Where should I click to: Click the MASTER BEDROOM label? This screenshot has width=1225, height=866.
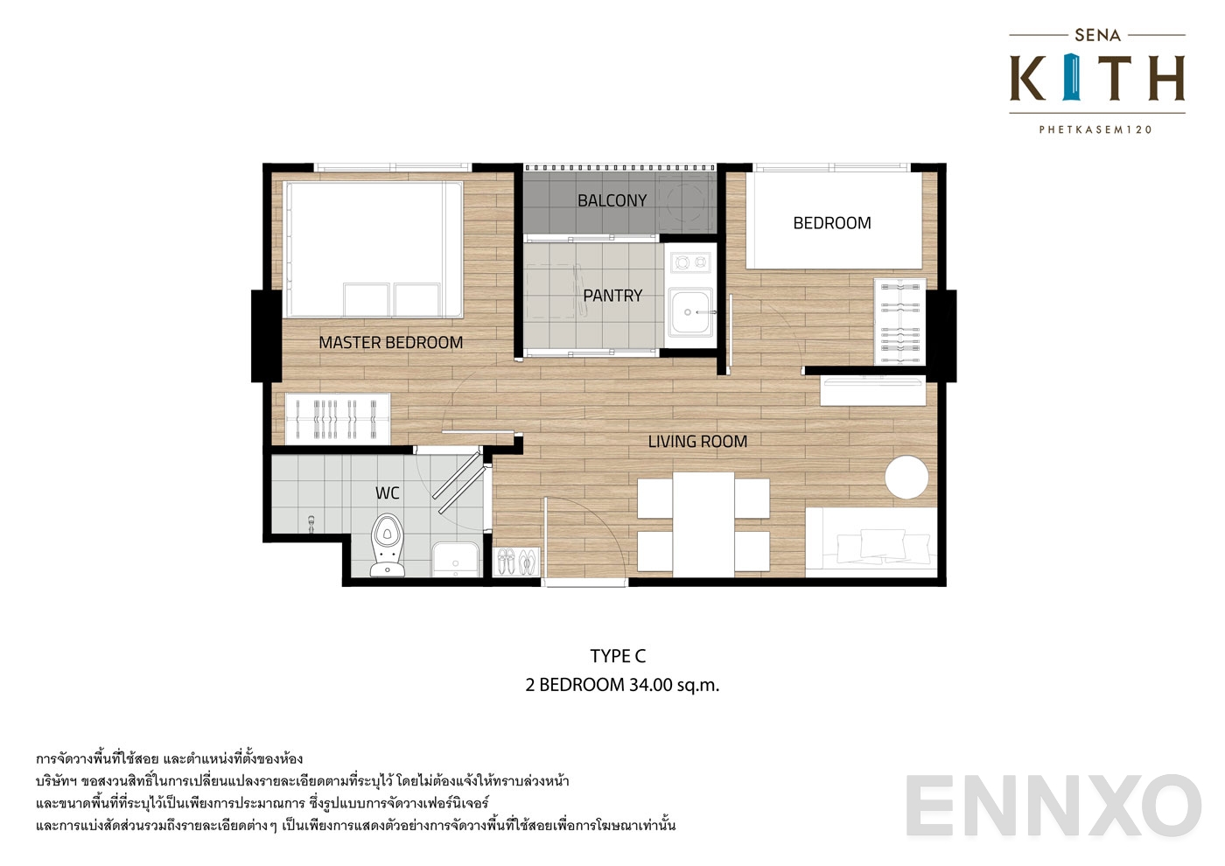point(390,343)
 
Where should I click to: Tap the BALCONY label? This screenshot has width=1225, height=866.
point(612,201)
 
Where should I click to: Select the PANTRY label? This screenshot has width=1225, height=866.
point(612,297)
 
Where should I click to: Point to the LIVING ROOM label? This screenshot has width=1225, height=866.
point(697,442)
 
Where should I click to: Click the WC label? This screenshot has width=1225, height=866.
point(388,493)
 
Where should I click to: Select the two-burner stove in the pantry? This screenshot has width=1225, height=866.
point(690,262)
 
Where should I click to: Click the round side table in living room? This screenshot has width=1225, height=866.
point(906,478)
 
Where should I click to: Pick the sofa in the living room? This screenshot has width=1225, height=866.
point(871,543)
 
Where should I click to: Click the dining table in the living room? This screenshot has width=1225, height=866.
point(703,524)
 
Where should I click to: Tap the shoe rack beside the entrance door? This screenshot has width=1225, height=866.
point(516,562)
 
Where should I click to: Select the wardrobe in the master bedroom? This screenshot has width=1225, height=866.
point(338,419)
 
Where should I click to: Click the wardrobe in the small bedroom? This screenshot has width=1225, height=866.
point(900,321)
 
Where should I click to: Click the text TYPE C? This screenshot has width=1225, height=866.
point(618,656)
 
